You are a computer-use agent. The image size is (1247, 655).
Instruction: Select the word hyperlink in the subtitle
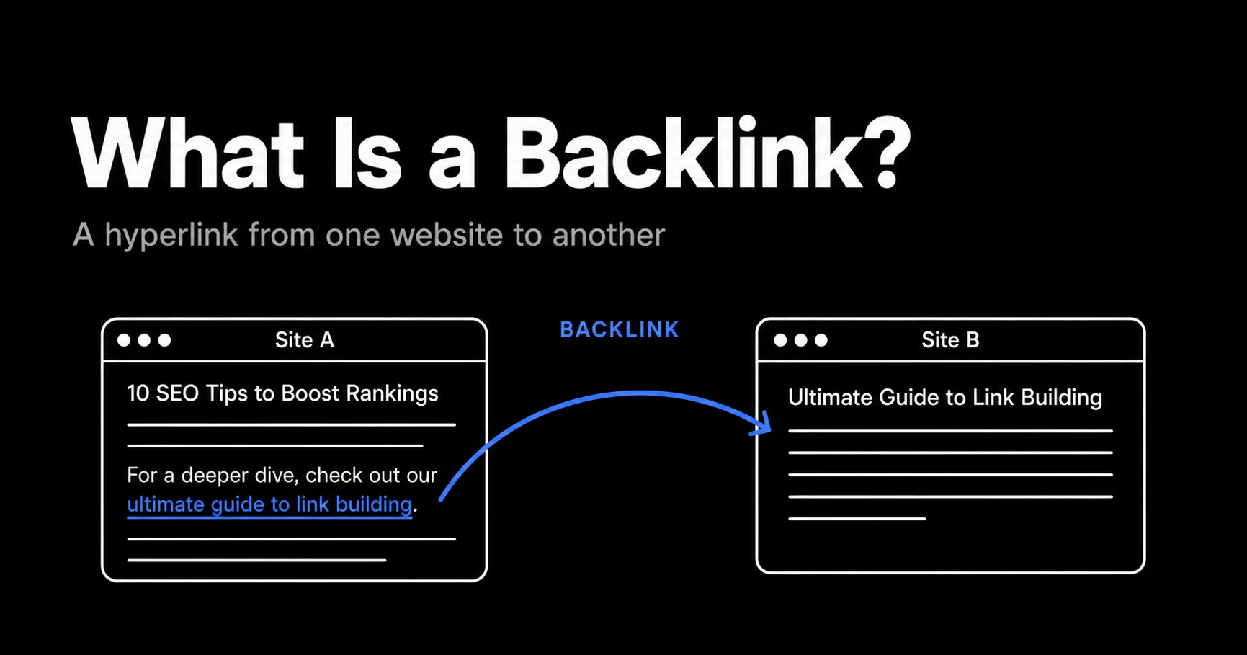pyautogui.click(x=171, y=236)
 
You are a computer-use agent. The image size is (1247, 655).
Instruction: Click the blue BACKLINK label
pyautogui.click(x=620, y=330)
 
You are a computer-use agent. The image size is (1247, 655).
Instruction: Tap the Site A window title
pyautogui.click(x=305, y=340)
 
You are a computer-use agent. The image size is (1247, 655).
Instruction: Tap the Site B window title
pyautogui.click(x=950, y=340)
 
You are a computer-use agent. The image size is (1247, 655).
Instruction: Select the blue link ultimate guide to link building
pyautogui.click(x=269, y=504)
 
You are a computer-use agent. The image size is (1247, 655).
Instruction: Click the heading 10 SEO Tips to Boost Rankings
pyautogui.click(x=282, y=393)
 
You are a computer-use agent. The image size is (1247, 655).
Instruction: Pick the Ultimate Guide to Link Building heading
pyautogui.click(x=945, y=398)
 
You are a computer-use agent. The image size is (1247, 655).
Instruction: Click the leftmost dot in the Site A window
pyautogui.click(x=124, y=340)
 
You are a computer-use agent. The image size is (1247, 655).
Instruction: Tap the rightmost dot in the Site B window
pyautogui.click(x=821, y=340)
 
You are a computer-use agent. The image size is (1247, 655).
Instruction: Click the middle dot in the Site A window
pyautogui.click(x=144, y=340)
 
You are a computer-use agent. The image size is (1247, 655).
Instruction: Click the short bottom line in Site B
pyautogui.click(x=857, y=518)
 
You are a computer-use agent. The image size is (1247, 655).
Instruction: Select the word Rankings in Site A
pyautogui.click(x=392, y=394)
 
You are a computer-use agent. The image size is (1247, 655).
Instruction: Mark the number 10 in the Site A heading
pyautogui.click(x=138, y=393)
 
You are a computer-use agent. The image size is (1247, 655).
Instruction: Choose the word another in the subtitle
pyautogui.click(x=608, y=235)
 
